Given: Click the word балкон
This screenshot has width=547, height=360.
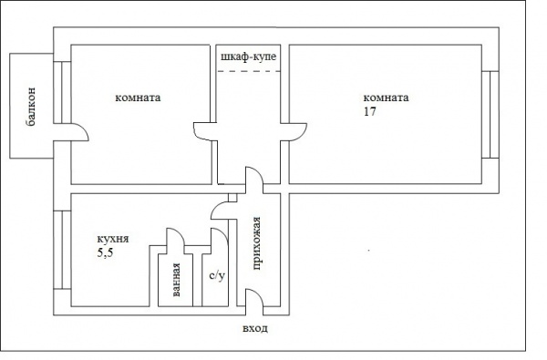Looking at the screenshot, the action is [31, 108].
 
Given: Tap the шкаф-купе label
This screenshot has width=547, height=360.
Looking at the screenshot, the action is [248, 57].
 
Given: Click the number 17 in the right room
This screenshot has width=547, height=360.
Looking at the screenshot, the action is [370, 111].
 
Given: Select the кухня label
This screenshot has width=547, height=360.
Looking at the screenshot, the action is [113, 240].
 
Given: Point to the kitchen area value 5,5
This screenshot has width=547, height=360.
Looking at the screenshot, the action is [105, 253].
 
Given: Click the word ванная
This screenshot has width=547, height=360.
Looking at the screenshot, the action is [176, 280].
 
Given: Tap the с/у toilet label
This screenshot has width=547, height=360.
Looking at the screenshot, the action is [217, 275].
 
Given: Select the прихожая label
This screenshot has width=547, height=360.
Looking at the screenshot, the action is [256, 243].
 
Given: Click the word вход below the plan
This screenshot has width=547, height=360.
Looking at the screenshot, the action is [255, 329].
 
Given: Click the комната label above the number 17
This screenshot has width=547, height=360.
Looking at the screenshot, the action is [386, 98].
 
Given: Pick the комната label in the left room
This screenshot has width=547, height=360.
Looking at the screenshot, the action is [138, 98].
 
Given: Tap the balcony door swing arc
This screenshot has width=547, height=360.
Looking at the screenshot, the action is [84, 129].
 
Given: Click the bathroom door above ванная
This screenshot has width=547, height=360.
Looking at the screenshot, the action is [175, 237].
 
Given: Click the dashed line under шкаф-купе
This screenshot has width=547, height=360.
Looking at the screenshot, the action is [248, 71].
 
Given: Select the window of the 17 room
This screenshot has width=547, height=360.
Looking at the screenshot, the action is [490, 115].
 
